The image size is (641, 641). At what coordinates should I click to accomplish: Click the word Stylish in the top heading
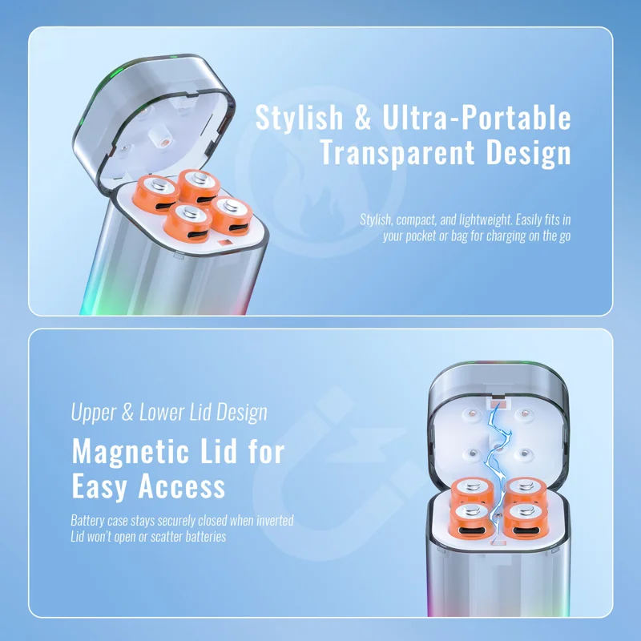coord(299,118)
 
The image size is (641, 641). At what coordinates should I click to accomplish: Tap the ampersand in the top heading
coord(362,117)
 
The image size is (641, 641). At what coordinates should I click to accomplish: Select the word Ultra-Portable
coord(476,117)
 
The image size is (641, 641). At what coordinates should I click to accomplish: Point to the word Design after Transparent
coord(529,153)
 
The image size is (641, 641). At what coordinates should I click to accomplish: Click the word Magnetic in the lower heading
coord(131,452)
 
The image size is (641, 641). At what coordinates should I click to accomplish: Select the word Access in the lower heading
coord(182,486)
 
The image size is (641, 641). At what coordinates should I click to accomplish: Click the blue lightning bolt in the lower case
coord(498,462)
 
